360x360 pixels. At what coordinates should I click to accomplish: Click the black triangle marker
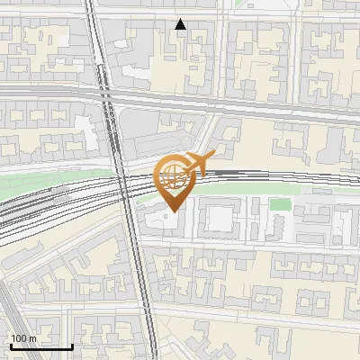pyautogui.click(x=181, y=24)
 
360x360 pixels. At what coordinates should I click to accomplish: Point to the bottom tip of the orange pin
pyautogui.click(x=171, y=210)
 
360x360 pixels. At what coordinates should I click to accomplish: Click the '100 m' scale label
pyautogui.click(x=22, y=338)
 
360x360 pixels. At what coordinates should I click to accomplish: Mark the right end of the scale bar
pyautogui.click(x=72, y=346)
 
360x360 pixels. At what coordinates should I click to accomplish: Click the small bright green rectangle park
pyautogui.click(x=281, y=204)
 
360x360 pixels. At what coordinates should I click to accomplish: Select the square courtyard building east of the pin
pyautogui.click(x=218, y=219)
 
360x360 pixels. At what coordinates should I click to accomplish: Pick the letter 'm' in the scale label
pyautogui.click(x=31, y=338)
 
